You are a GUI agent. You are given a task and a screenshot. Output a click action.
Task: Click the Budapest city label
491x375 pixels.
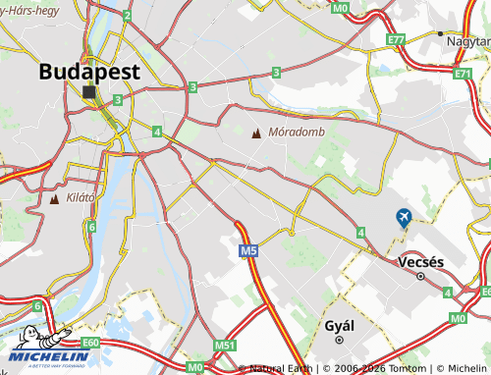tap(89, 72)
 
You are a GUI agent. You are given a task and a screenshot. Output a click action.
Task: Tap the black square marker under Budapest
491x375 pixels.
tap(90, 92)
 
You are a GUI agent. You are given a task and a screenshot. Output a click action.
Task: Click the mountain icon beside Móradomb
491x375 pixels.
tap(257, 133)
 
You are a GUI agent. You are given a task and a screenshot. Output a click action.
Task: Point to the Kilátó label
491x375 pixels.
tap(81, 197)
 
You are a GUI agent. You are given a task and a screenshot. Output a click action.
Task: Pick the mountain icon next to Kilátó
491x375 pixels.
tap(53, 198)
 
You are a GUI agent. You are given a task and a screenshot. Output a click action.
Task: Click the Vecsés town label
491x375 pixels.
tap(421, 262)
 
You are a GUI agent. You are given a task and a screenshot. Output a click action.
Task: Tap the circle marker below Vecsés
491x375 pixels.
tap(421, 277)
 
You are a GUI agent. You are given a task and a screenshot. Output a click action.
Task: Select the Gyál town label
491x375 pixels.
tap(339, 324)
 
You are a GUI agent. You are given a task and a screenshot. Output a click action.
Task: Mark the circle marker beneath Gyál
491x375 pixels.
tap(339, 340)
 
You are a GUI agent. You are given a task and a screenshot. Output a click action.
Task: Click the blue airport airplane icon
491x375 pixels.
tap(403, 217)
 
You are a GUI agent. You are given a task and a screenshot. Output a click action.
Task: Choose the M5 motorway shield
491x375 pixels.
tap(248, 252)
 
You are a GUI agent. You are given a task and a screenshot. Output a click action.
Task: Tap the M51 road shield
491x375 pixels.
tap(226, 345)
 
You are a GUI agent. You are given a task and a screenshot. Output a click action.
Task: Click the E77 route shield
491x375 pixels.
tap(396, 39)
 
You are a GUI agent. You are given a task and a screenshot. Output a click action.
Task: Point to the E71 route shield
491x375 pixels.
tap(463, 73)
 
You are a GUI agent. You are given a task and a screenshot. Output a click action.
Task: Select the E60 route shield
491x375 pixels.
tap(91, 342)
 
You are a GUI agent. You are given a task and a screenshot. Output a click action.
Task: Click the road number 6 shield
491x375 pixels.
tap(91, 227)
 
